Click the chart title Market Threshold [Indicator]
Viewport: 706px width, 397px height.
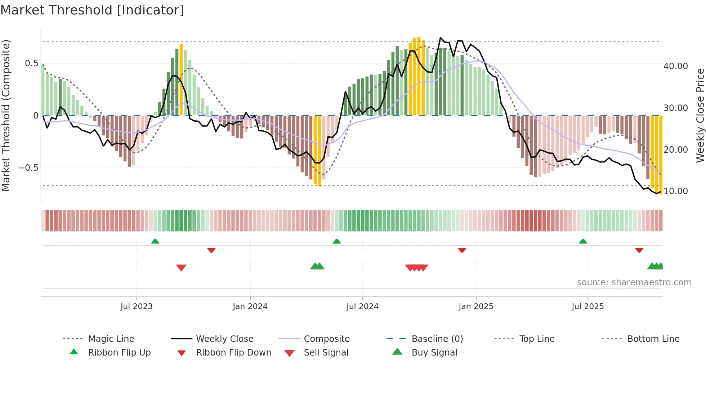[92, 10]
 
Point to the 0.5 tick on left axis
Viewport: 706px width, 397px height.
[32, 63]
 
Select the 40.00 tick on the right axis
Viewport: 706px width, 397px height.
[676, 66]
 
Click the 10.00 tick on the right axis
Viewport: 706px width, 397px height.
[676, 191]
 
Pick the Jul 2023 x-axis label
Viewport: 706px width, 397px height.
[137, 307]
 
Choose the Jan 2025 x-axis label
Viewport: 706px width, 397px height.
[476, 307]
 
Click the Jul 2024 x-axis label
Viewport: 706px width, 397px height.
[362, 307]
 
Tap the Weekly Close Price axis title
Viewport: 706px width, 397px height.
[700, 115]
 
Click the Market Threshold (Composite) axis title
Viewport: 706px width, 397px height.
[6, 115]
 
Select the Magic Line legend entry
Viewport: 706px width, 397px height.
[111, 339]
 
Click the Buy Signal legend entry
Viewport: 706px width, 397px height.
[434, 353]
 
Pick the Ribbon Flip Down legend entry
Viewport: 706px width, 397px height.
[233, 353]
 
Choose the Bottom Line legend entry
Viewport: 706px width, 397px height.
[653, 339]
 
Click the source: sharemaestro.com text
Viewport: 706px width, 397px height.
[634, 282]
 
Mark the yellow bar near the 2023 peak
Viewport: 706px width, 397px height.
[181, 79]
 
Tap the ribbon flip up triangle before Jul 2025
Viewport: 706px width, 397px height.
[583, 241]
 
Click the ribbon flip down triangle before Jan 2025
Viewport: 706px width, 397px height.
[462, 250]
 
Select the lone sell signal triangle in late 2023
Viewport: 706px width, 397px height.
[181, 268]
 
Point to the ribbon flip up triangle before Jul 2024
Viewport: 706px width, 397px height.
[336, 241]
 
